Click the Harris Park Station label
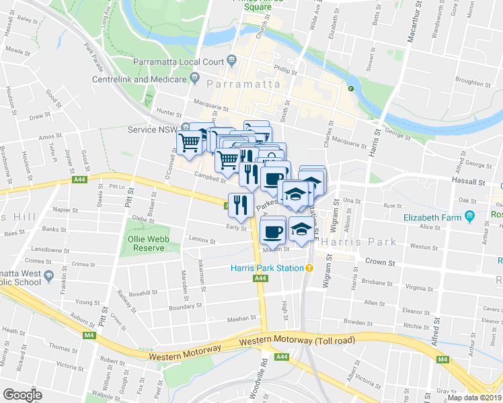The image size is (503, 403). [266, 268]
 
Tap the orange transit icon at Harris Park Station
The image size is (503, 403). [309, 268]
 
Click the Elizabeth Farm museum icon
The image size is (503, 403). [470, 217]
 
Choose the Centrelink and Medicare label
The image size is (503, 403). [140, 79]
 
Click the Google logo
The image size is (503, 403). [23, 395]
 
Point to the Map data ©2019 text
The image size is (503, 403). [474, 398]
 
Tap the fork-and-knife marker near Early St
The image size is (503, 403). [241, 205]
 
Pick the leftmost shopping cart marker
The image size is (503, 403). [190, 142]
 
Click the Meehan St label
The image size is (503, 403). [241, 318]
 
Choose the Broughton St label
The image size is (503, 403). [473, 81]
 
